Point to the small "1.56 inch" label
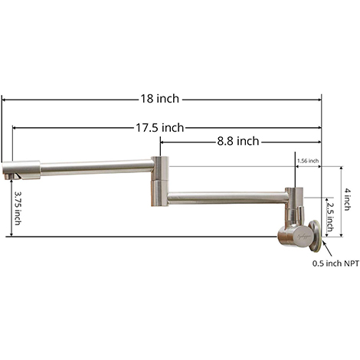308,161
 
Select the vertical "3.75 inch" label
18,208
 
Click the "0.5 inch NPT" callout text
335,263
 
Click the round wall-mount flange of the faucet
315,234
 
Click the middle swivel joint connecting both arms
159,180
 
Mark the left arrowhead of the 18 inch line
5,100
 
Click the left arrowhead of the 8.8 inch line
163,141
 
